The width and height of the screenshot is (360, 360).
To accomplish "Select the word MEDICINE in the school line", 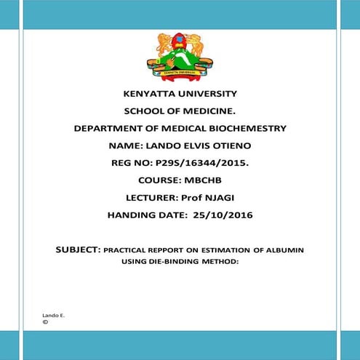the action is (207, 111).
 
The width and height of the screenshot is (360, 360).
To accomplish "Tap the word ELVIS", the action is (192, 146).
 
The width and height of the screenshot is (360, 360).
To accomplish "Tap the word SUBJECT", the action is (78, 250).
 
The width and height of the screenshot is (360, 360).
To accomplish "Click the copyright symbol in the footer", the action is (45, 321).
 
